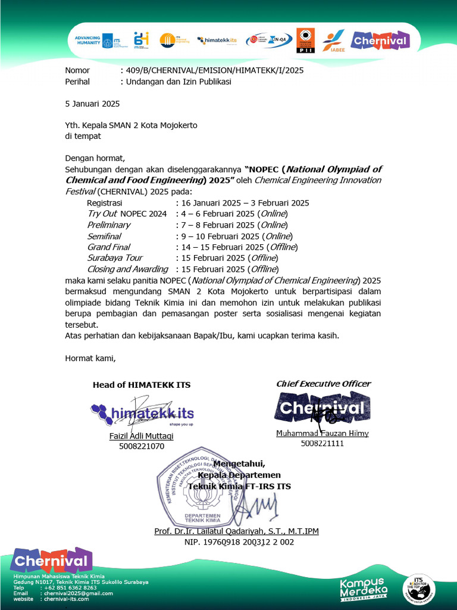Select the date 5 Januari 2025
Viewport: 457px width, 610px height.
point(92,104)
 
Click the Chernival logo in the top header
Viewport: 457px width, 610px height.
point(379,41)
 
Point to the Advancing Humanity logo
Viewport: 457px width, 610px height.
point(94,41)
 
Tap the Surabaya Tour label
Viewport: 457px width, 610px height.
point(115,258)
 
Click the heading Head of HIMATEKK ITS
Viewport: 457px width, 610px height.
point(142,385)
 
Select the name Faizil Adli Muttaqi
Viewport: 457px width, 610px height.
point(141,436)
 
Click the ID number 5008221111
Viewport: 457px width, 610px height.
point(322,443)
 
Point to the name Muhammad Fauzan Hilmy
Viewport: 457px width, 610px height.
point(322,433)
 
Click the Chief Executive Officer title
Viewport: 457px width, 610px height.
point(323,384)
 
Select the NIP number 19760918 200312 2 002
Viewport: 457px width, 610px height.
point(239,542)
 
